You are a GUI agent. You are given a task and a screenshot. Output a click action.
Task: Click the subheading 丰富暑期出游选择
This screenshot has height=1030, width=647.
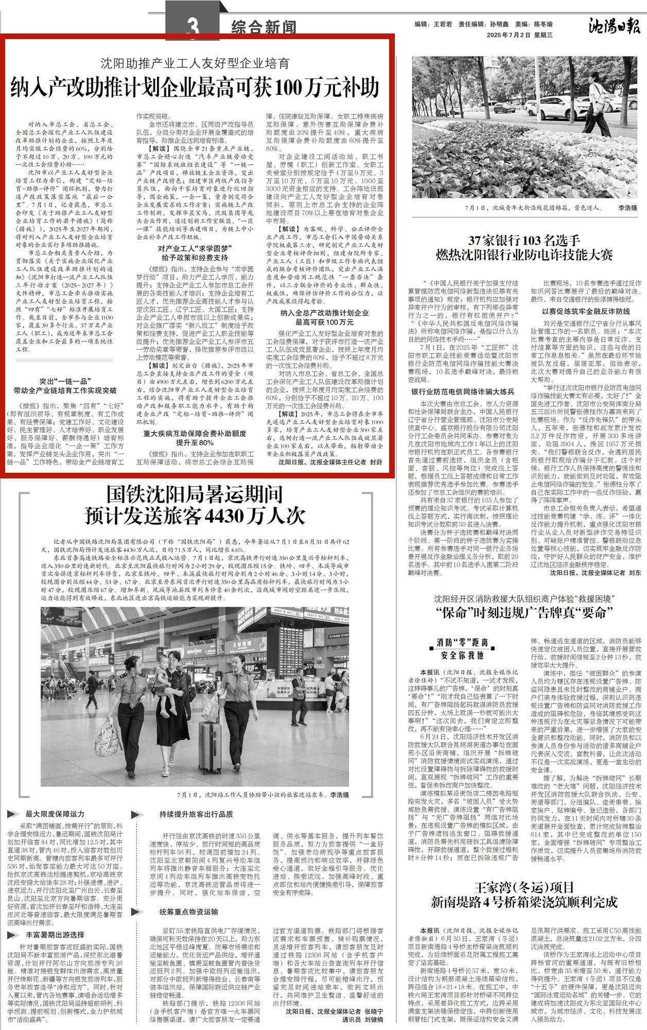click(x=55, y=934)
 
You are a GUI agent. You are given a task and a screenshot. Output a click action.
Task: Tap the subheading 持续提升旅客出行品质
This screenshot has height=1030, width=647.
click(x=196, y=814)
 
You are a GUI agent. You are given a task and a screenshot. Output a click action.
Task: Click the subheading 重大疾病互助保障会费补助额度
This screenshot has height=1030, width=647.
click(x=194, y=433)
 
